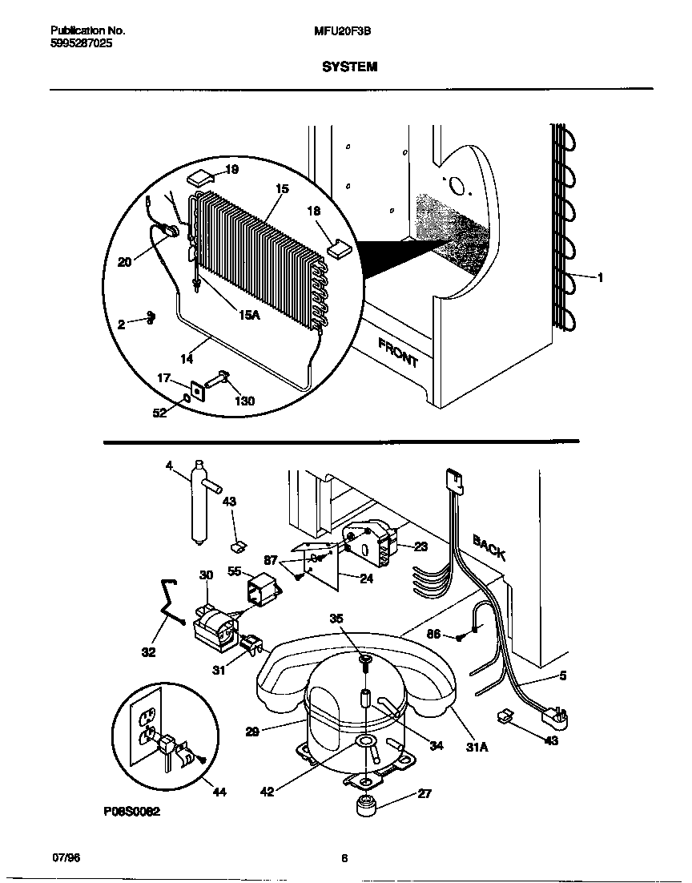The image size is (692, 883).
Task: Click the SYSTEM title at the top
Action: (349, 67)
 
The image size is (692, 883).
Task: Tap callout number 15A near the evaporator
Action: (250, 315)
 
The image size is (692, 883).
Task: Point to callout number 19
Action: (231, 170)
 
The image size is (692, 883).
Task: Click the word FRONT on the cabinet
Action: (398, 352)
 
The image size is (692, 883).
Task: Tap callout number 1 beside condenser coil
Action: (600, 278)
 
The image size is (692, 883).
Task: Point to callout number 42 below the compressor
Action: (268, 792)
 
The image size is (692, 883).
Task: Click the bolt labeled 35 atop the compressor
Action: (364, 660)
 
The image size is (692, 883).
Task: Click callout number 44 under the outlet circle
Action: (219, 792)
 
